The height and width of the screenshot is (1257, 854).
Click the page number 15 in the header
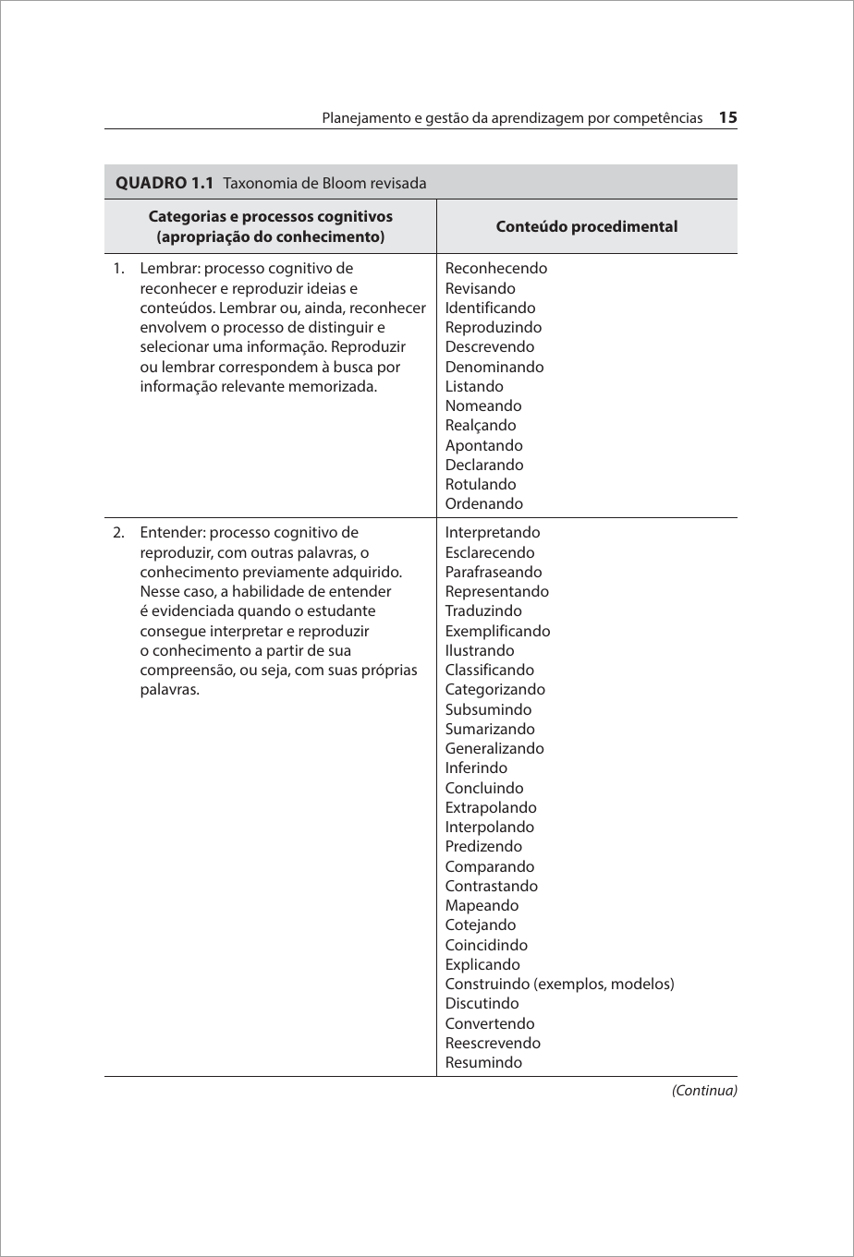coord(727,118)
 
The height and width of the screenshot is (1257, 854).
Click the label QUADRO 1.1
coord(165,183)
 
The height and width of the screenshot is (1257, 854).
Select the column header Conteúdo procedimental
coord(586,226)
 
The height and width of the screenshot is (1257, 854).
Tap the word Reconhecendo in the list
coord(495,269)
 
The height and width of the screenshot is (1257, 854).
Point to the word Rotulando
coord(481,485)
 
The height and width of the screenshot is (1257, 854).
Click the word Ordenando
coord(483,504)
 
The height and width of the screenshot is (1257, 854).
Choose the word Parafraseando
coord(494,573)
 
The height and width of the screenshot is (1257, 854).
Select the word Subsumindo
coord(488,710)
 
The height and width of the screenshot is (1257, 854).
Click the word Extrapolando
coord(491,808)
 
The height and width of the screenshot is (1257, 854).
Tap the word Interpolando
coord(489,828)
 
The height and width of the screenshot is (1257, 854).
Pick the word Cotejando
coord(481,925)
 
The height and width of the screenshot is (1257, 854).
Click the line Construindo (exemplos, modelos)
coord(559,985)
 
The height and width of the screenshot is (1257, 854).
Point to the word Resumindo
coord(483,1063)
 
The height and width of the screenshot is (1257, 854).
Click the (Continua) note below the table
coord(704,1091)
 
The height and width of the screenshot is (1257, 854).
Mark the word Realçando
coord(481,426)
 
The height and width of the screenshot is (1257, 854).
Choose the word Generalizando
coord(494,749)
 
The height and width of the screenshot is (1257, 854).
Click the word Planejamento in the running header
coord(362,119)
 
